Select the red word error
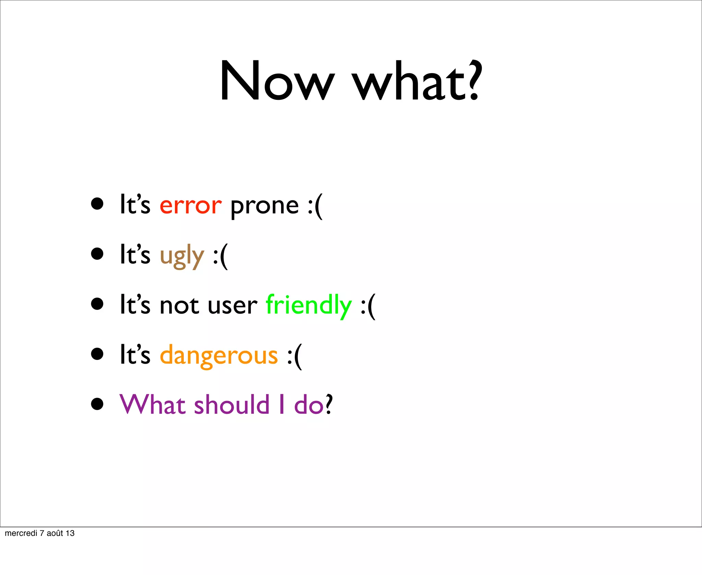click(191, 206)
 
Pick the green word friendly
click(308, 305)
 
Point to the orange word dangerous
click(219, 356)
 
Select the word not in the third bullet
click(179, 305)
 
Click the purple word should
click(232, 405)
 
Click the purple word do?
click(313, 405)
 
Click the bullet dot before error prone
click(97, 204)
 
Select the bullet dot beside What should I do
click(97, 404)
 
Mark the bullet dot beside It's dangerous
click(97, 354)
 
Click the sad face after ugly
click(220, 256)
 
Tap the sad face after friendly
click(368, 306)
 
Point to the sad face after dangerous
click(294, 356)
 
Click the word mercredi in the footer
click(21, 533)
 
